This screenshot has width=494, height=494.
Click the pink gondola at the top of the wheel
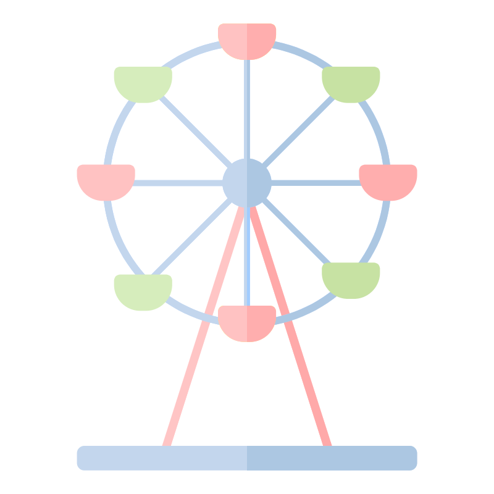click(x=247, y=40)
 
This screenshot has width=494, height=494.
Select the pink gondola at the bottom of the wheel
click(x=247, y=322)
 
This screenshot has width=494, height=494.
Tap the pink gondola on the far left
click(x=106, y=181)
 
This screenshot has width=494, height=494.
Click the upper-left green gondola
click(x=143, y=83)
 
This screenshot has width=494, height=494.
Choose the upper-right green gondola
click(x=351, y=83)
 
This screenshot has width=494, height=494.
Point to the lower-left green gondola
click(x=143, y=291)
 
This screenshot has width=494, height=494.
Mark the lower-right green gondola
click(x=351, y=279)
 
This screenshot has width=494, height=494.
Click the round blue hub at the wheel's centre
click(x=247, y=183)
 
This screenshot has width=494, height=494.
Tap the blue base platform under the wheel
click(x=247, y=458)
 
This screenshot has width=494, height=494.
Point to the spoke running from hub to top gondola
click(x=247, y=111)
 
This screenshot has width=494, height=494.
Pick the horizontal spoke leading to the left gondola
click(x=179, y=183)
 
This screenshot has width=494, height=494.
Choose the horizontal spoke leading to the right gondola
click(x=315, y=183)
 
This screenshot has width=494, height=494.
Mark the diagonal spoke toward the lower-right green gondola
click(x=296, y=232)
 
